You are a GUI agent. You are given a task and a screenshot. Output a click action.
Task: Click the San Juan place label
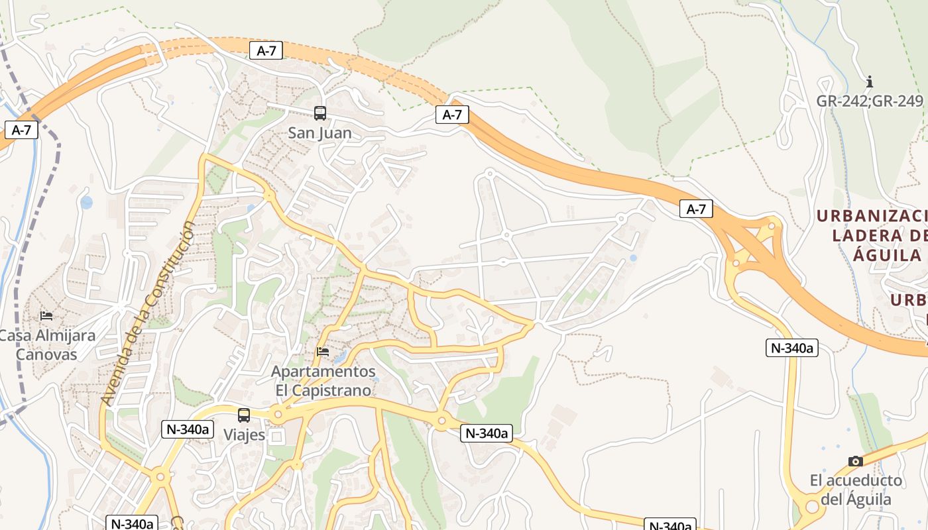(x=319, y=132)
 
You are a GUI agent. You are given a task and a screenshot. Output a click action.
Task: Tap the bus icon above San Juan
(x=320, y=113)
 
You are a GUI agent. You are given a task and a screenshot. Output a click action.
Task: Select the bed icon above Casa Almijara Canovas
(x=46, y=315)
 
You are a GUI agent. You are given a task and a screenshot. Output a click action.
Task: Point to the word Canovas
(x=46, y=354)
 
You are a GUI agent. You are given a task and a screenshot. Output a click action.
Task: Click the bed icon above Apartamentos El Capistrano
(x=323, y=351)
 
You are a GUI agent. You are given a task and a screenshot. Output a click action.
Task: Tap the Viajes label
(x=244, y=435)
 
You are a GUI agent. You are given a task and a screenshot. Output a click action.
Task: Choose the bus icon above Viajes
(x=244, y=415)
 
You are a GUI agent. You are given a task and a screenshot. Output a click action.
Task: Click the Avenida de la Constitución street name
(x=149, y=313)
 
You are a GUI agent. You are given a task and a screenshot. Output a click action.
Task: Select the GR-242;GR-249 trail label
(x=870, y=101)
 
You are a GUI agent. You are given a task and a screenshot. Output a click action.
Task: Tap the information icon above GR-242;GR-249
(x=870, y=82)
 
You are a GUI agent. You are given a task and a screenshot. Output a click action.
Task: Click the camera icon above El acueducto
(x=856, y=461)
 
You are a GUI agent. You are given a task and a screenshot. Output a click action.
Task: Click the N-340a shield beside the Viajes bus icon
(x=188, y=429)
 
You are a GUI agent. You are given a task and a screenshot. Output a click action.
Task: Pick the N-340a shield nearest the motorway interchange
(x=792, y=348)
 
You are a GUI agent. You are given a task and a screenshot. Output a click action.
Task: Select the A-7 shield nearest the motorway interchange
(x=696, y=209)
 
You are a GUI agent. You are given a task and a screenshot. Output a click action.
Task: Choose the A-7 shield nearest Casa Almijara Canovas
(x=21, y=130)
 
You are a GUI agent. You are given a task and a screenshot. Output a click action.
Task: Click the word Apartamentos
(x=323, y=372)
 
